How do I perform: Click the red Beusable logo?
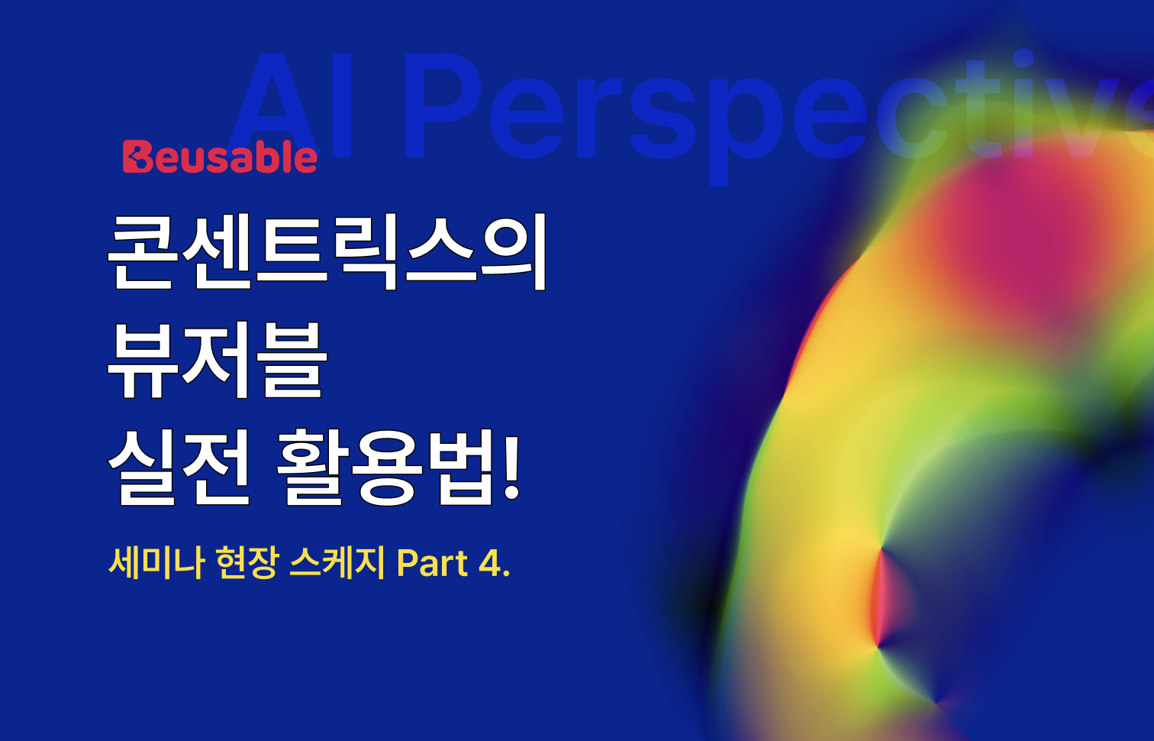pyautogui.click(x=220, y=157)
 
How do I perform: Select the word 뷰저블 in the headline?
pyautogui.click(x=218, y=359)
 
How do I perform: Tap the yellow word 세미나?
pyautogui.click(x=156, y=564)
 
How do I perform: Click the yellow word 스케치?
pyautogui.click(x=337, y=564)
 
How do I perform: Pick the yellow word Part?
pyautogui.click(x=432, y=564)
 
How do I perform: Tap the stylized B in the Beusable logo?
pyautogui.click(x=137, y=157)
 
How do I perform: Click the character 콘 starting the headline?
pyautogui.click(x=143, y=251)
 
